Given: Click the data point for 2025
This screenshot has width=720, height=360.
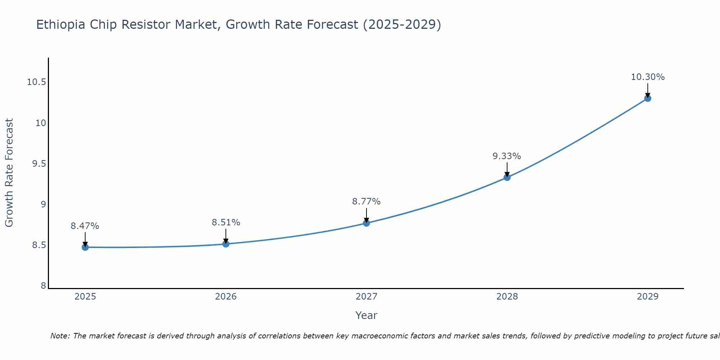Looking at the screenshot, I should coord(85,247).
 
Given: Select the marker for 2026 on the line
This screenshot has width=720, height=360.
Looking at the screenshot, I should coord(226,244).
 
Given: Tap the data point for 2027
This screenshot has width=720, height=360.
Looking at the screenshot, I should coord(366,223).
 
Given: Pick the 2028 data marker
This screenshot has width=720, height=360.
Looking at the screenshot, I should coord(507,177).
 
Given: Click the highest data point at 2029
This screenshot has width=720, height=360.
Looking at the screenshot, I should coord(647,98).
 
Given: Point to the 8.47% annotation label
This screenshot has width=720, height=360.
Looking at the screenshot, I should coord(85,226).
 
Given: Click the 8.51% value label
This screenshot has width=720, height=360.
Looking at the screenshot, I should coord(226,222).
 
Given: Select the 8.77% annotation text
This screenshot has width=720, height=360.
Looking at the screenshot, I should coord(366,202).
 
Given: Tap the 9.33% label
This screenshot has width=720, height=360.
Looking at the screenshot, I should coord(507,156).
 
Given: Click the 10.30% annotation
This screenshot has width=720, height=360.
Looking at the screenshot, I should coord(648,77).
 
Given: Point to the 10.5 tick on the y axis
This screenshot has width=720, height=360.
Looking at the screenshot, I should coord(36,82).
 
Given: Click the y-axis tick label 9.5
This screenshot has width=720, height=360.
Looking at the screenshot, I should coord(39,164).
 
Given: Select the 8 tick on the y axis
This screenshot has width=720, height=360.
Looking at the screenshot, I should coord(43,286).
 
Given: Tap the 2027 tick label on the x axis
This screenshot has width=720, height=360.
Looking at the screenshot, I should coord(366,297).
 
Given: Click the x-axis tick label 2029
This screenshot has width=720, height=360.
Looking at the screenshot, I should coord(647,297).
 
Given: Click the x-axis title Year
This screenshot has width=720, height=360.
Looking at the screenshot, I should coord(366,315).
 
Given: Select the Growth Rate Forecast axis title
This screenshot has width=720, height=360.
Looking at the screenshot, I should coord(9,173).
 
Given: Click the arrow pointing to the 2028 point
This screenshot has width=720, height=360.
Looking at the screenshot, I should coord(507,169).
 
